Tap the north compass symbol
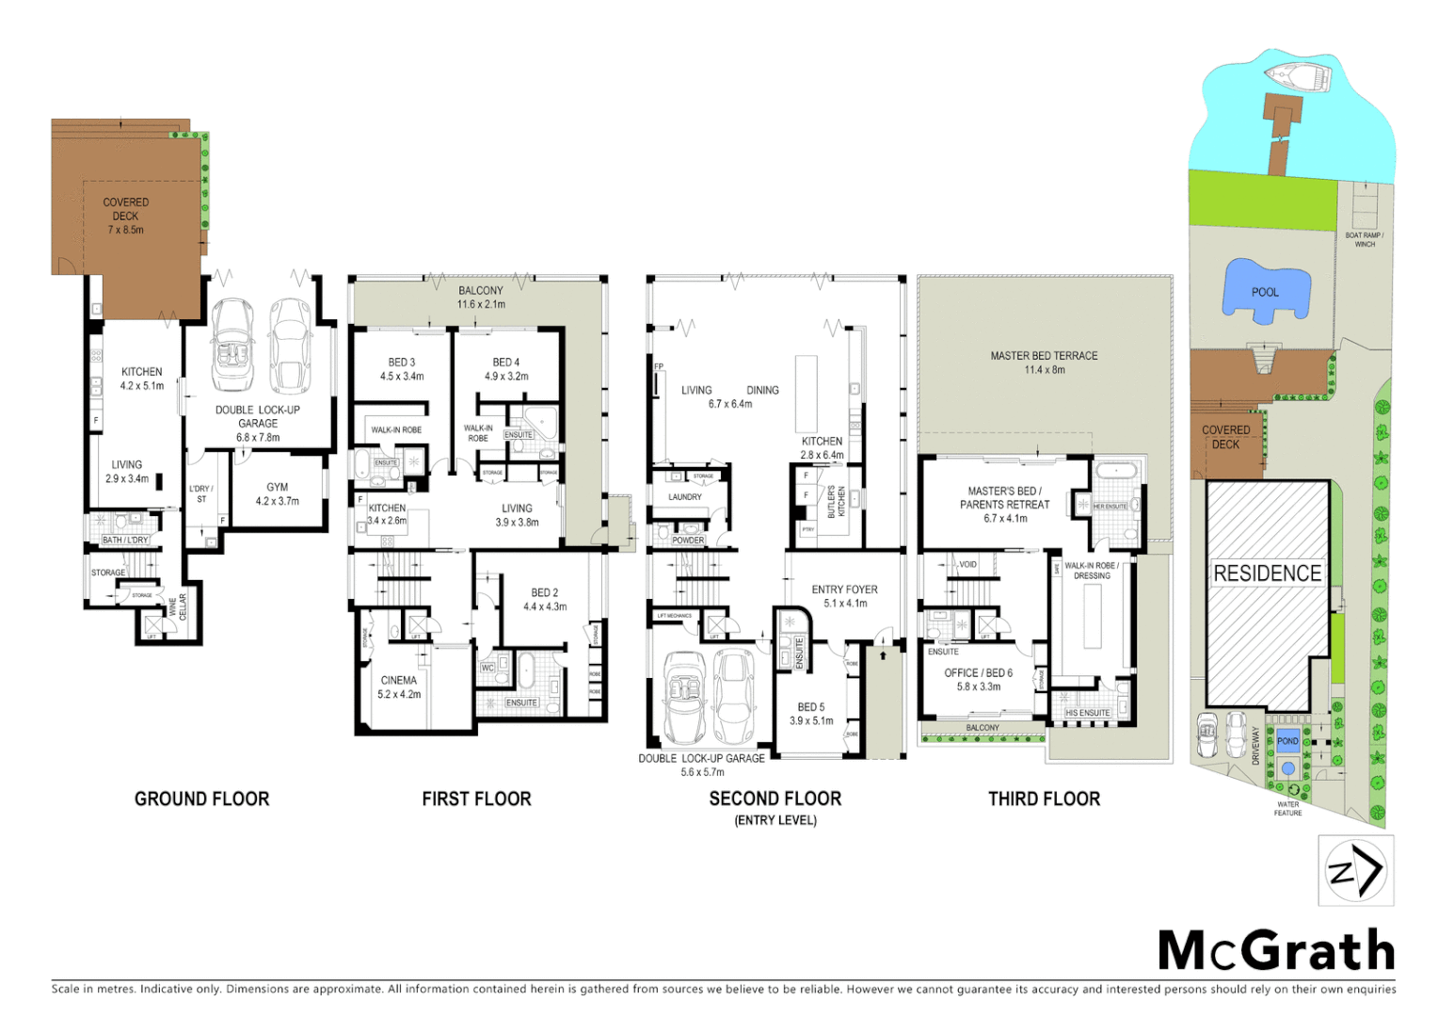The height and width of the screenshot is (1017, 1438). [x=1355, y=870]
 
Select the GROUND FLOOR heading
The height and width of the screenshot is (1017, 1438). [x=201, y=799]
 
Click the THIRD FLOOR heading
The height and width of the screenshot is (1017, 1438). [x=1044, y=799]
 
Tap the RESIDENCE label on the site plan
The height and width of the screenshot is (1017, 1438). [x=1267, y=573]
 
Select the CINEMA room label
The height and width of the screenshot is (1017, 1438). [x=399, y=686]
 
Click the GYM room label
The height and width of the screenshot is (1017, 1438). [x=277, y=493]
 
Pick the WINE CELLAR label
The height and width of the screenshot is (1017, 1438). [x=178, y=605]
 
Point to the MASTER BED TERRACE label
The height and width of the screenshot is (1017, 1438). [x=1044, y=363]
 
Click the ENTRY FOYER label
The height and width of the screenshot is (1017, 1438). [x=844, y=596]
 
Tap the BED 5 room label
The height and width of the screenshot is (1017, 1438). [x=810, y=713]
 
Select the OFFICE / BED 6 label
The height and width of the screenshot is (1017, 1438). [x=978, y=679]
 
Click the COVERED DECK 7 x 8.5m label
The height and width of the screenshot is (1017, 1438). [x=125, y=216]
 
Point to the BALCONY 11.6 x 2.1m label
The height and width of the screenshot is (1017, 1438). [x=480, y=297]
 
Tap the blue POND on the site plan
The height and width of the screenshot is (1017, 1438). [x=1287, y=741]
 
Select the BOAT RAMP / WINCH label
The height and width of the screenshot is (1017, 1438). [x=1364, y=239]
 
